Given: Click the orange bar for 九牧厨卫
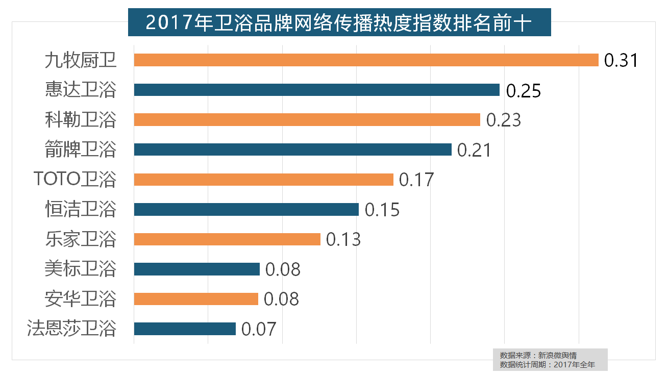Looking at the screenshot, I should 366,60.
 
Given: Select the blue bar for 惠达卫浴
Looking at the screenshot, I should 316,90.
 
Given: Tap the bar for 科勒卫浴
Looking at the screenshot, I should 307,119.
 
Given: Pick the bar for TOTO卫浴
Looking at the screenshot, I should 263,180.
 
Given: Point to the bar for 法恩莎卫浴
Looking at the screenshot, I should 185,329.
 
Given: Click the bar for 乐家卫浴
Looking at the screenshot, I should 227,239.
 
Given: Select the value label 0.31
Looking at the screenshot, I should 621,61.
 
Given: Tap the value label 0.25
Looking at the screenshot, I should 523,91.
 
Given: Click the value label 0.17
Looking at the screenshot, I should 416,180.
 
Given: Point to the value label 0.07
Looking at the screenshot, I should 259,329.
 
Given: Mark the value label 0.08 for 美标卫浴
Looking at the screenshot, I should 283,269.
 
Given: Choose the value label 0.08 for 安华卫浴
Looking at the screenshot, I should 281,299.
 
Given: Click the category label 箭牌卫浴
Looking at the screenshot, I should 81,150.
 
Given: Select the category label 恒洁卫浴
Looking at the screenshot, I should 81,209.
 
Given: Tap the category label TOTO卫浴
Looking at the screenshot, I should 75,180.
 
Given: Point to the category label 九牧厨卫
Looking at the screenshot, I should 81,61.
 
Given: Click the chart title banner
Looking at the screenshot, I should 339,22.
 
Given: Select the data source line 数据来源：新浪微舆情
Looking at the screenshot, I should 538,355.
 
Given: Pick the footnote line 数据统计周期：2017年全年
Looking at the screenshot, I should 548,365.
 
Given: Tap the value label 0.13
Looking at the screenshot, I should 343,240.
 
